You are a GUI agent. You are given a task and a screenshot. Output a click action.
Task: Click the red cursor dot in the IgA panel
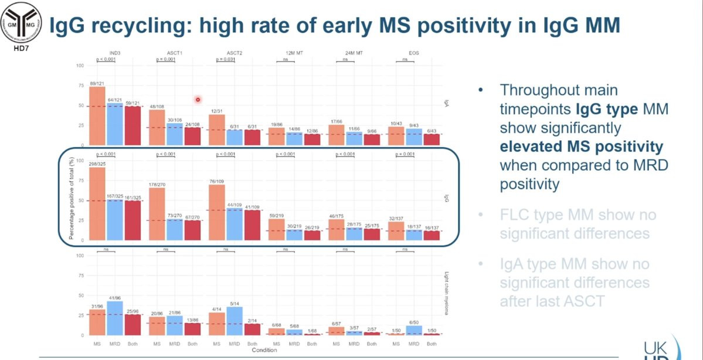[x=199, y=100]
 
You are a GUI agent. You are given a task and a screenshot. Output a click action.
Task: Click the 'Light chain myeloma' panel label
[x=446, y=293]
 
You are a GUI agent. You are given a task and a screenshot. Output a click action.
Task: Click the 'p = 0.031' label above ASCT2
[x=227, y=59]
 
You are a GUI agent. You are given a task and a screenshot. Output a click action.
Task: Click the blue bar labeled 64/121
[x=115, y=124]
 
